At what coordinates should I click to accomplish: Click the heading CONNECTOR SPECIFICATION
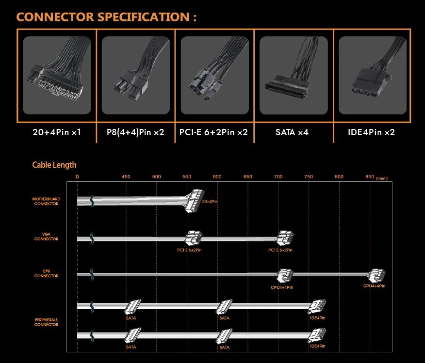(x=107, y=17)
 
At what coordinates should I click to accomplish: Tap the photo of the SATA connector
(x=293, y=75)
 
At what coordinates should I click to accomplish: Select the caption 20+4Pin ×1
(x=56, y=132)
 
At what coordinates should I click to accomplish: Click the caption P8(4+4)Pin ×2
(x=135, y=132)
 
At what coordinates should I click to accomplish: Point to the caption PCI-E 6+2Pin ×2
(x=214, y=132)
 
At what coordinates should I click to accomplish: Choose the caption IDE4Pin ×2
(x=372, y=132)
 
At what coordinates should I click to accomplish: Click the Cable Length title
(x=54, y=165)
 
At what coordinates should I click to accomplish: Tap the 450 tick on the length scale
(x=126, y=177)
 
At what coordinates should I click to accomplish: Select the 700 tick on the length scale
(x=278, y=177)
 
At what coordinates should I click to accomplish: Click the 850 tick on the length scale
(x=369, y=177)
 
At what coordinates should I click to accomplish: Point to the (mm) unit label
(x=382, y=178)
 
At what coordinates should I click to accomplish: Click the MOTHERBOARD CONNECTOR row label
(x=46, y=201)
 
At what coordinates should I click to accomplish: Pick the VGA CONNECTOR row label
(x=46, y=237)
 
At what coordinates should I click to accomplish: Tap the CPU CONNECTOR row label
(x=46, y=274)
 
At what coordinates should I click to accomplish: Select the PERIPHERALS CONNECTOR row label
(x=46, y=322)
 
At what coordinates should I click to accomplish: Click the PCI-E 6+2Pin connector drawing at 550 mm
(x=193, y=238)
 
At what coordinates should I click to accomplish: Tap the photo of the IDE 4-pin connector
(x=372, y=75)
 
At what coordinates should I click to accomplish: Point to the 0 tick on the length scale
(x=77, y=177)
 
